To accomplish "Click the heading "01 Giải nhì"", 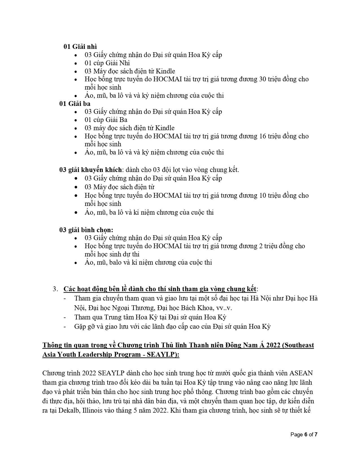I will pos(80,47).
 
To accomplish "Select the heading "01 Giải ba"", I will pos(75,104).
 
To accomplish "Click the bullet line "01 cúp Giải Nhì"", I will pos(107,63).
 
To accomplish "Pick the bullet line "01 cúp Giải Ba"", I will pos(106,120).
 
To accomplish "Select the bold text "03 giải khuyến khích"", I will pos(91,170).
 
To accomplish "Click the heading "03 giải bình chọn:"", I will pos(86,230).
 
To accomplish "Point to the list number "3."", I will pos(55,289).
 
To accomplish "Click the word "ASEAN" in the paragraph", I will pos(301,373).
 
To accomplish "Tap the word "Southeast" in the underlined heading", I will pos(300,345).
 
